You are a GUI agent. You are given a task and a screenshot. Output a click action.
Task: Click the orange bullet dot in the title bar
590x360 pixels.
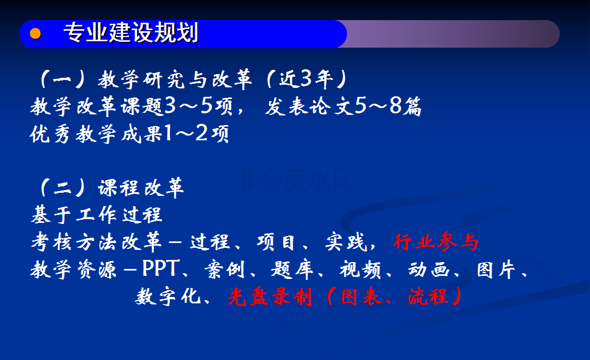[35, 33]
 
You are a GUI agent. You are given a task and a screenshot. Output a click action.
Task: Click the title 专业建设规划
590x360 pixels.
[131, 32]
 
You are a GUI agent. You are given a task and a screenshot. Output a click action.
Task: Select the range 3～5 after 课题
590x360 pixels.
[189, 106]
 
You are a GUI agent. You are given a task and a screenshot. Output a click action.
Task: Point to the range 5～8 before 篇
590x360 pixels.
[379, 106]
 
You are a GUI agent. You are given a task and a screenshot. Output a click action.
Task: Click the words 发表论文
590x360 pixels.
[309, 106]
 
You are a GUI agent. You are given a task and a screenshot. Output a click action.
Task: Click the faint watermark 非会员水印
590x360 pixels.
[295, 179]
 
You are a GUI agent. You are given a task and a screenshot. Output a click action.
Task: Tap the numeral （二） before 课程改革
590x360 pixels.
[63, 187]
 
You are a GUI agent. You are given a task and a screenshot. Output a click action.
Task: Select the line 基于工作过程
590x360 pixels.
[97, 214]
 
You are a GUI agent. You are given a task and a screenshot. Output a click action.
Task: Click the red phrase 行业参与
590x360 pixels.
[435, 242]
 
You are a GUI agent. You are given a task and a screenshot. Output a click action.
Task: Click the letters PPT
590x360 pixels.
[161, 268]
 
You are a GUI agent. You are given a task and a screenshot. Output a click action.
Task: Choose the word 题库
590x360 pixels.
[292, 269]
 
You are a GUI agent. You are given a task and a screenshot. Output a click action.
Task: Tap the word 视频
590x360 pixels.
[360, 269]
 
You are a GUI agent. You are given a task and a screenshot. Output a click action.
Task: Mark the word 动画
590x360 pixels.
[429, 269]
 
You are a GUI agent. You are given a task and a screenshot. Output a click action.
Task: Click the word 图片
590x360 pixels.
[496, 269]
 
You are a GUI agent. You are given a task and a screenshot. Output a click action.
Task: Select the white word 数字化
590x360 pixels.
[168, 296]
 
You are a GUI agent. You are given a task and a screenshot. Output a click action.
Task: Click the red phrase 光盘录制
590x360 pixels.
[270, 297]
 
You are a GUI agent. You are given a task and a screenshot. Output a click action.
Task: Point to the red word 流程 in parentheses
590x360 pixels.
[428, 297]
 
